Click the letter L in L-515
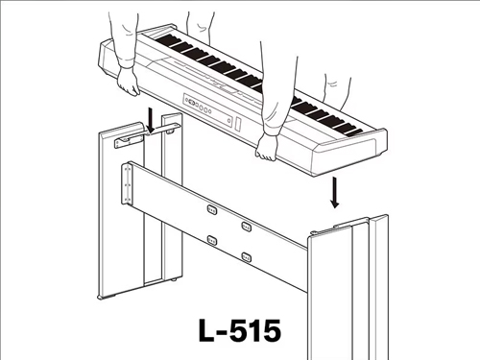coord(206,330)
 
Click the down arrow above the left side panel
coord(151,121)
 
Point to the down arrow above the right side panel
coord(335,192)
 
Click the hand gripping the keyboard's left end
coord(128,81)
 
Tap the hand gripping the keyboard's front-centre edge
coord(267,147)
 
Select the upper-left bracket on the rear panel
coord(212,210)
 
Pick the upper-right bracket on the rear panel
coord(246,227)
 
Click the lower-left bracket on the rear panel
coord(212,240)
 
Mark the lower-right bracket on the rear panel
coord(246,257)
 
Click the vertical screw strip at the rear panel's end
coord(128,183)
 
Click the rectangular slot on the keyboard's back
coord(238,124)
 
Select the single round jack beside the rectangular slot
coord(229,120)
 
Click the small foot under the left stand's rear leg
coord(174,279)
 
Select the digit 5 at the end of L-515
coord(270,330)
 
